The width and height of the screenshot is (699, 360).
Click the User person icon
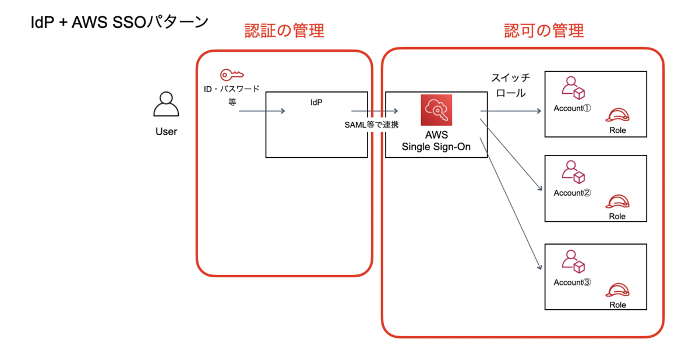(166, 104)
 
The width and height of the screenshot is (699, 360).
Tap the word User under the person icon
(167, 131)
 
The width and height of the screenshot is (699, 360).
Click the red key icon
(232, 75)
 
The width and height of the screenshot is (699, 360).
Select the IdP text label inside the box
(316, 103)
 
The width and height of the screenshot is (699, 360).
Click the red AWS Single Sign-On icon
(436, 110)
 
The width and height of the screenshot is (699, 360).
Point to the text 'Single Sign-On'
(436, 147)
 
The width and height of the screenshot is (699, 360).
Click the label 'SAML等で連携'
(372, 125)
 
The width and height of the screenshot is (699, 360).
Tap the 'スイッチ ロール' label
(511, 85)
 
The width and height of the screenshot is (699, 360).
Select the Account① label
(572, 108)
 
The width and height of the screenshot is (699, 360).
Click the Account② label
(572, 193)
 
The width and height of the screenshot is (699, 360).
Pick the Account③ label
(572, 283)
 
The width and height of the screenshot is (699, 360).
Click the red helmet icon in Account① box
(617, 115)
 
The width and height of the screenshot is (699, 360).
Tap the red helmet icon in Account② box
(617, 201)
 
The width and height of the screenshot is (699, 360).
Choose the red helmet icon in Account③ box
(617, 290)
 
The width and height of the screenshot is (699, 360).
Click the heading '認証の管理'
(284, 30)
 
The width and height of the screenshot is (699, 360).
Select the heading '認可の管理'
(544, 30)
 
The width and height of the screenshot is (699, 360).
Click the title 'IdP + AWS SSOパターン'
(119, 22)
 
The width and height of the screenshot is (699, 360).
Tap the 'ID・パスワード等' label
(232, 95)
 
